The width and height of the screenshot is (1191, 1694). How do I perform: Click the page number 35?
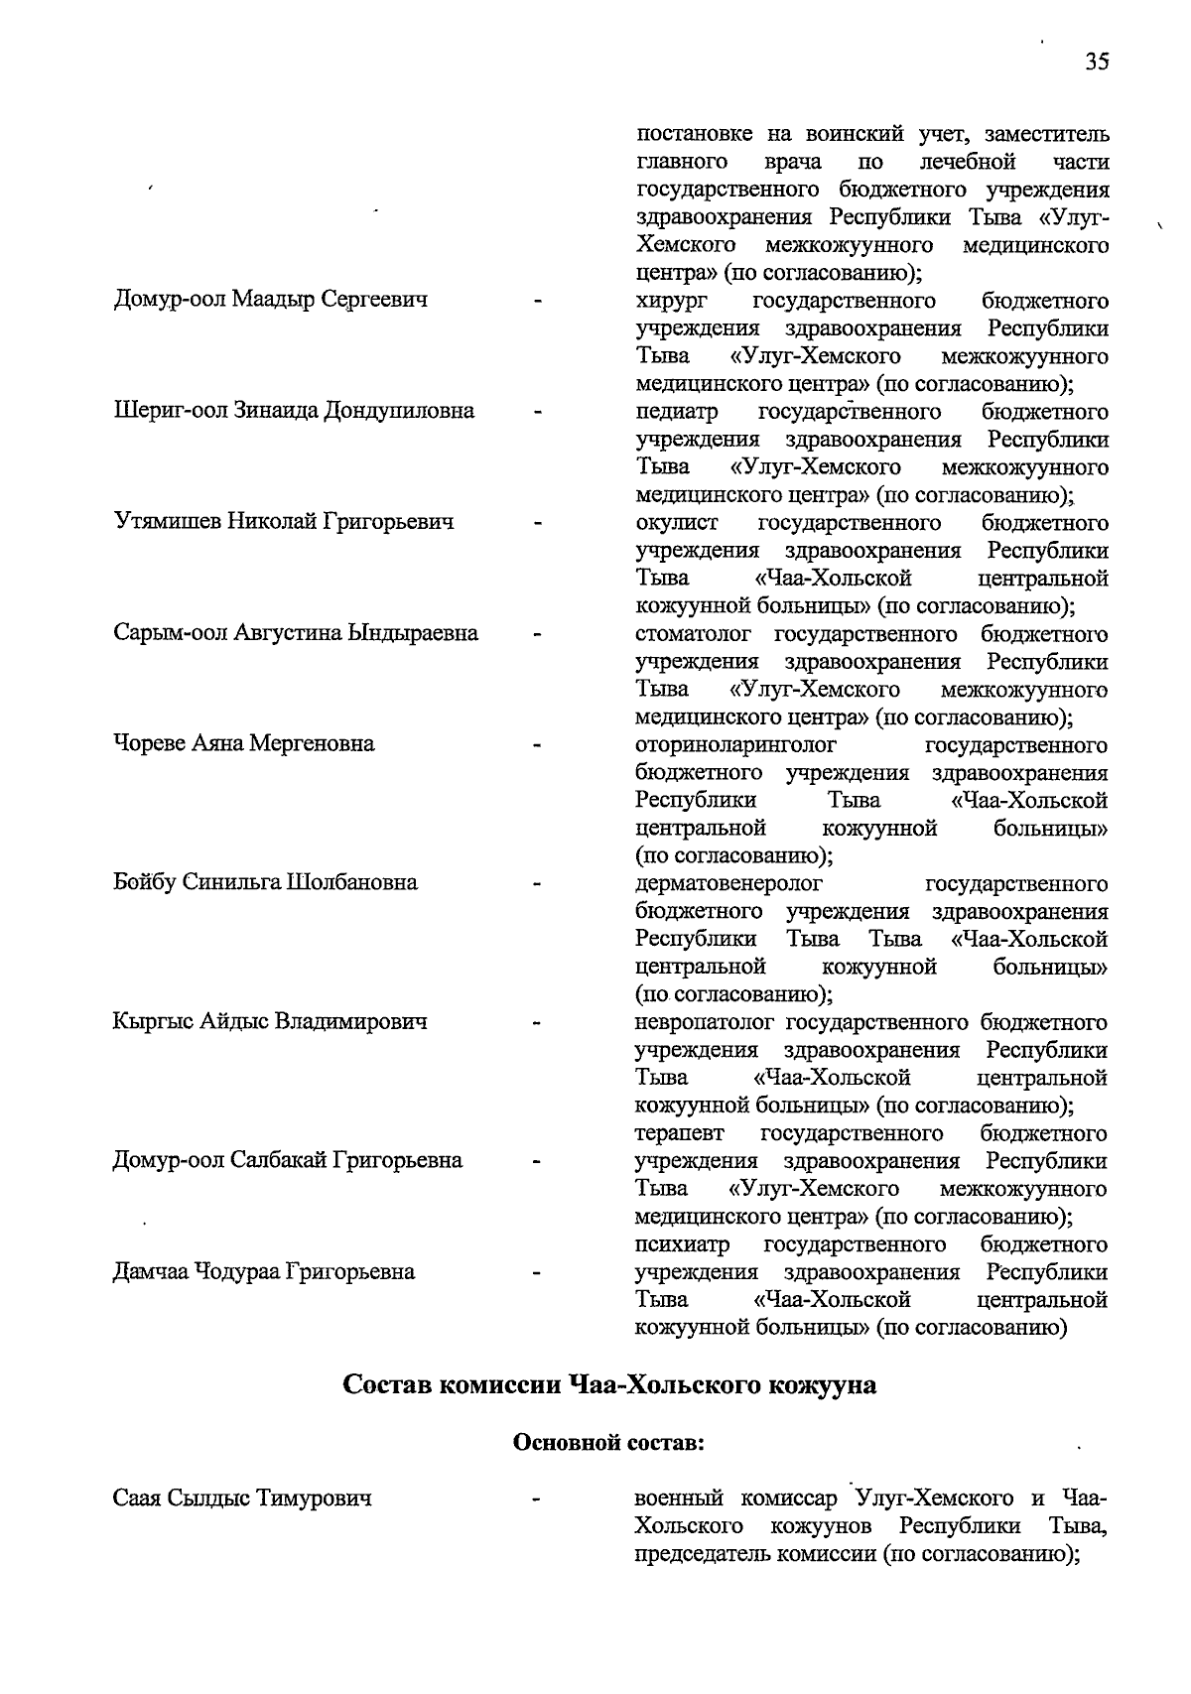[1097, 62]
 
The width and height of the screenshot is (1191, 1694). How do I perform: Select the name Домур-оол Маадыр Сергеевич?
[270, 300]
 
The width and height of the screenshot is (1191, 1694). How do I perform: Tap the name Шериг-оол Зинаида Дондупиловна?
[293, 411]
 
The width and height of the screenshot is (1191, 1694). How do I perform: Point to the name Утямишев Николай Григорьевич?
[283, 522]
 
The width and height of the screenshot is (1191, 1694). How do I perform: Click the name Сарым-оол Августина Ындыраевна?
[295, 633]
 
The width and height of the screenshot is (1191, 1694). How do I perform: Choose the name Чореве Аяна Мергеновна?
[243, 744]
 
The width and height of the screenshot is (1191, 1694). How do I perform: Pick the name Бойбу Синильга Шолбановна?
[265, 883]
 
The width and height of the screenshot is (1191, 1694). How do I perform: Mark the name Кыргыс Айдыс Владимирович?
[270, 1022]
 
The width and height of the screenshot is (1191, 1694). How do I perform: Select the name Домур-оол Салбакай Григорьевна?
[287, 1161]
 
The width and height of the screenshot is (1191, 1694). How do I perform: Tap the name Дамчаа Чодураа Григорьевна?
[263, 1272]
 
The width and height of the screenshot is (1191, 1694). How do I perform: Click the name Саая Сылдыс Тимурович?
[242, 1499]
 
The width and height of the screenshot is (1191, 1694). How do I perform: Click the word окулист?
[676, 523]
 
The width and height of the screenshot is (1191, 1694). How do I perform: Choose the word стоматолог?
[693, 634]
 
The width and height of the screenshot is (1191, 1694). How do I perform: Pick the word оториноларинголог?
[734, 745]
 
